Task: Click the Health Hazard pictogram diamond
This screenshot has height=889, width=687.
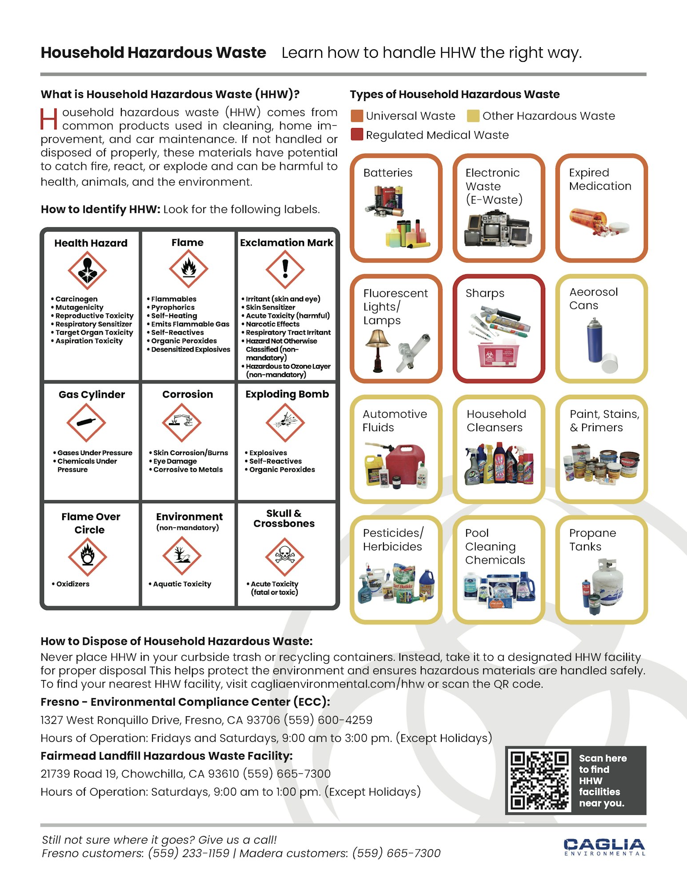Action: (x=87, y=270)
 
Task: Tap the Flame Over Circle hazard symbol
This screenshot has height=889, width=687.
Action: (x=87, y=557)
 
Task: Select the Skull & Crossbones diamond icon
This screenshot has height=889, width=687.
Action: (x=284, y=557)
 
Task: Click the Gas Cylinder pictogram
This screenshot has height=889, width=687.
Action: (x=86, y=422)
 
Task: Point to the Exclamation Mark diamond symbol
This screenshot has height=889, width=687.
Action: (x=285, y=269)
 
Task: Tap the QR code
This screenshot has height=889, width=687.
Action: (x=540, y=780)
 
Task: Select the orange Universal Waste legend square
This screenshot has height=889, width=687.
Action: (x=357, y=116)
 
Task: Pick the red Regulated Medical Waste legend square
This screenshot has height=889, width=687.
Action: (x=357, y=135)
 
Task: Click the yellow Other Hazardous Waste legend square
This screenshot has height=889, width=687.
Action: (x=473, y=116)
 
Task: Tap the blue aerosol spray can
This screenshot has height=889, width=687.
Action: (x=593, y=340)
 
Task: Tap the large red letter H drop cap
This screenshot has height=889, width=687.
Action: (x=48, y=119)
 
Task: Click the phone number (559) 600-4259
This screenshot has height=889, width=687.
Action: (x=328, y=720)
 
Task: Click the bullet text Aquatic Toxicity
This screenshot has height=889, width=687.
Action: (x=182, y=584)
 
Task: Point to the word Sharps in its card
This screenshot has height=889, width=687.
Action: (x=485, y=293)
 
